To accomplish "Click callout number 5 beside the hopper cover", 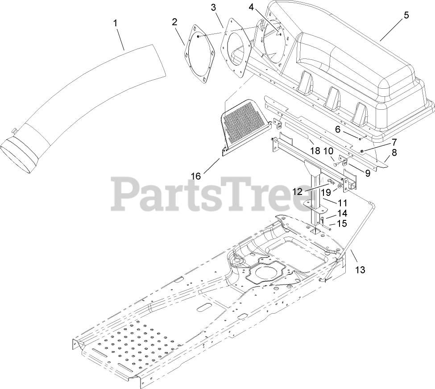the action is (x=406, y=15).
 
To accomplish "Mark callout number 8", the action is (x=394, y=152).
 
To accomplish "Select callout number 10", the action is (x=328, y=151).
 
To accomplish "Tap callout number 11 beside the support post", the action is (x=343, y=203).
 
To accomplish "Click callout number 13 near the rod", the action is (x=360, y=269).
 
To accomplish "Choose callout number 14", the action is (x=342, y=213).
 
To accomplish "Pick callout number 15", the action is (x=342, y=223).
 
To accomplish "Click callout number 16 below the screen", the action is (x=196, y=176).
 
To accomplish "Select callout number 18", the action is (x=315, y=151).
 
